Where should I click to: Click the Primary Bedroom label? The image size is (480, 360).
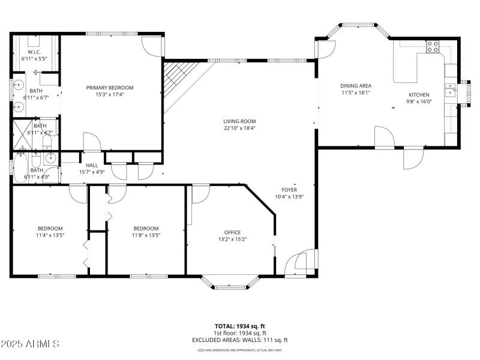[109, 88]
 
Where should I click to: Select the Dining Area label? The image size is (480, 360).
[355, 86]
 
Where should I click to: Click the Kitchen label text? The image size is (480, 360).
[419, 95]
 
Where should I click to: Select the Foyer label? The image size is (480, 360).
[289, 190]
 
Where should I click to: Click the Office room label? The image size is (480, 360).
[232, 232]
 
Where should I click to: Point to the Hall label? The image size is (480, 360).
[92, 165]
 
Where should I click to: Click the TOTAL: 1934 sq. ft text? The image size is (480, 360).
[240, 326]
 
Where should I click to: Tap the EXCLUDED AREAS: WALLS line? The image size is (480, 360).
[240, 340]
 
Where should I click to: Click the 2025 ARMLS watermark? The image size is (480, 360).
[30, 344]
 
